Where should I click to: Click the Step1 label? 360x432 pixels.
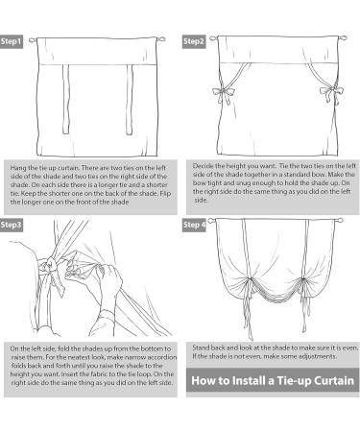(x=12, y=41)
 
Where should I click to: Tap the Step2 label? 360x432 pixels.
(x=194, y=41)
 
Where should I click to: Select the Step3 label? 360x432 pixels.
(x=12, y=225)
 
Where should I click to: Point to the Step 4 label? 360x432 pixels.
(x=194, y=225)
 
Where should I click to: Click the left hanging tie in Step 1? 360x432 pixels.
(x=65, y=99)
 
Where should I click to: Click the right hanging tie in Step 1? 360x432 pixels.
(x=130, y=100)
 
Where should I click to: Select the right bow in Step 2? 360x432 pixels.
(x=331, y=94)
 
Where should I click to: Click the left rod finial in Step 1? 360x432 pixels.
(x=33, y=40)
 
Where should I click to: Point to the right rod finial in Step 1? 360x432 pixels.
(x=161, y=39)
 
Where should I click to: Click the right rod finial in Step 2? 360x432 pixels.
(x=343, y=37)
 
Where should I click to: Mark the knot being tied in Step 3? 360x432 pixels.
(x=51, y=265)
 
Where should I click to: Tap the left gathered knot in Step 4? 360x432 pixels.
(x=248, y=280)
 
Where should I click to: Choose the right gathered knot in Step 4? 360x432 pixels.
(x=302, y=280)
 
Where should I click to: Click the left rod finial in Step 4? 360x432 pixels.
(x=212, y=221)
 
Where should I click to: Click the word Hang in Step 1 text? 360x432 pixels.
(x=16, y=168)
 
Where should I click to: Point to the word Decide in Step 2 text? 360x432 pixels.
(x=202, y=166)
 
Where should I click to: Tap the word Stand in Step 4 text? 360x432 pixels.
(x=200, y=348)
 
